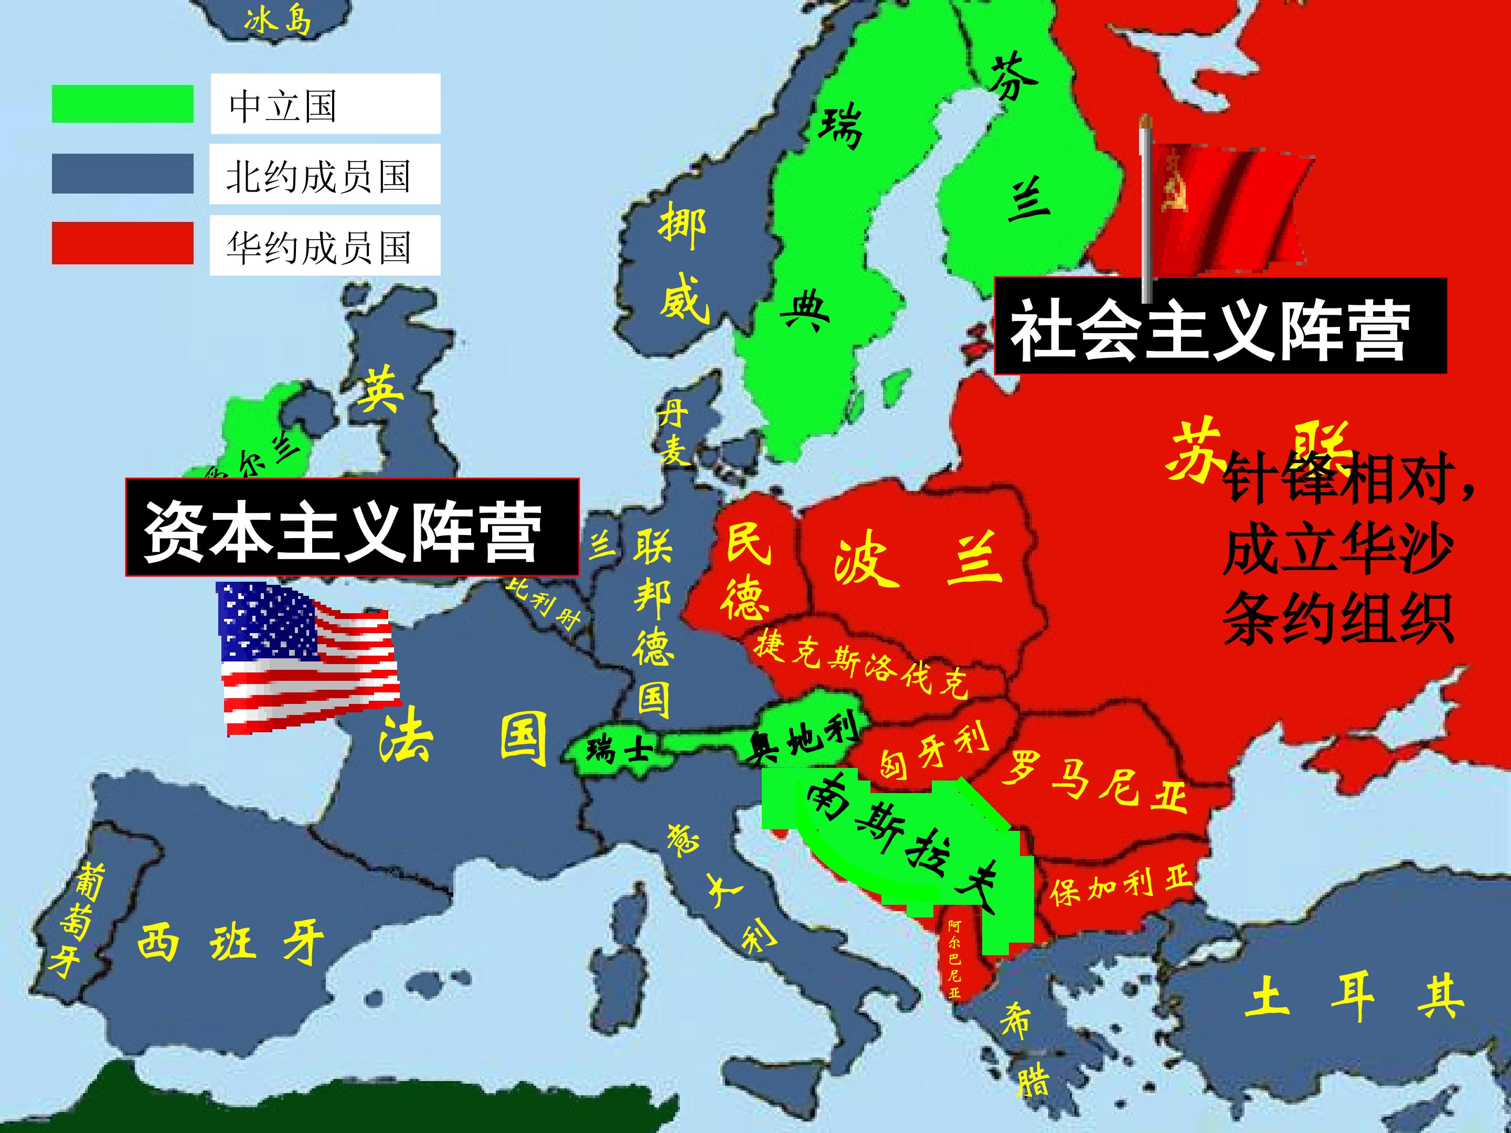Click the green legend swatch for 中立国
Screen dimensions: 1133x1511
point(122,104)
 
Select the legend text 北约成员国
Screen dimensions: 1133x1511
point(319,176)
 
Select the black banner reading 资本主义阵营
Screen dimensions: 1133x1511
point(352,527)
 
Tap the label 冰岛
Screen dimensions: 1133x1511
point(278,20)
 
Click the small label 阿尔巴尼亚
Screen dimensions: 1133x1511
point(954,959)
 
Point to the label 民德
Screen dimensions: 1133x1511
point(747,570)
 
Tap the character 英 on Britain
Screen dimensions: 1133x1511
point(380,389)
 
